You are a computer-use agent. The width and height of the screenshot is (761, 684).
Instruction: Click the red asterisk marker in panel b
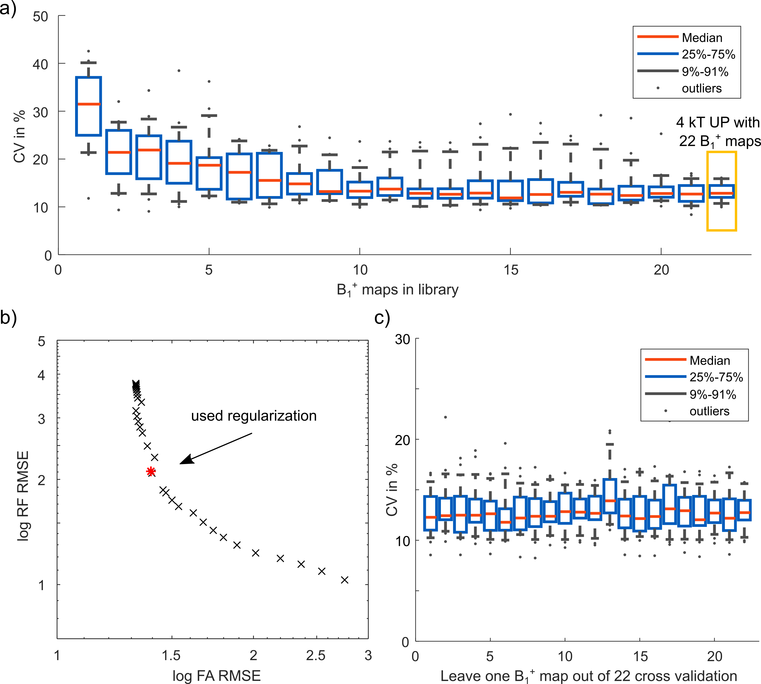point(151,471)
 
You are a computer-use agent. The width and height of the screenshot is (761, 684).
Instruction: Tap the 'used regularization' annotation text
point(254,416)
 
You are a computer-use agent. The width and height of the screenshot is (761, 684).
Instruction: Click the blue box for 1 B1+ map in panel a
point(88,106)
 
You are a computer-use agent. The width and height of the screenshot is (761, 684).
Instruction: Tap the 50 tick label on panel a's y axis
point(40,17)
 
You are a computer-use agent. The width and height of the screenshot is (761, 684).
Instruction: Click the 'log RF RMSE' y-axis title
point(23,496)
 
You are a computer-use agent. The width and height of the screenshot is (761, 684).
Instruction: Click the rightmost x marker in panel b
point(345,580)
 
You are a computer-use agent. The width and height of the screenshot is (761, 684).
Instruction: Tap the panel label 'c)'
point(382,318)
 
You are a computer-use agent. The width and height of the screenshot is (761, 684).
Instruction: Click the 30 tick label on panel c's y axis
point(402,339)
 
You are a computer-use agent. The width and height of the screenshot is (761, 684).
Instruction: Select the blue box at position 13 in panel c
point(610,496)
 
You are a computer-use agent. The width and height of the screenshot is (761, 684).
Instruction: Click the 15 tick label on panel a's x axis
point(511,270)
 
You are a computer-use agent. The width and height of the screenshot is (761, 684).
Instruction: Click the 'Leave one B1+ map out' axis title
point(588,676)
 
